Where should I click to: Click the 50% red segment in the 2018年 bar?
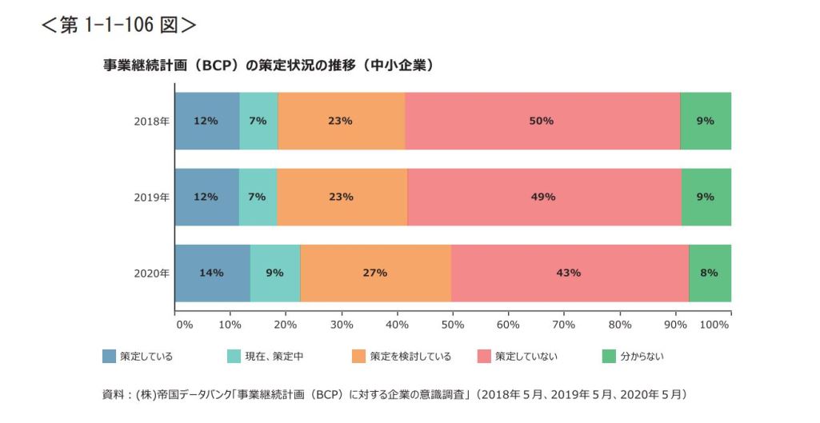542,121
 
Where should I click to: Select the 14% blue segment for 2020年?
212,273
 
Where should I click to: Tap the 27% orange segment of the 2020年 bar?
375,273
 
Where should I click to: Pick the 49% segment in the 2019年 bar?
544,197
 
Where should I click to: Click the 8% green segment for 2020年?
709,273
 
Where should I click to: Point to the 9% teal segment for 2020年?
274,273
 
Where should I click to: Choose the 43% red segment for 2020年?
569,273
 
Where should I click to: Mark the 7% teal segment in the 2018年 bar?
258,121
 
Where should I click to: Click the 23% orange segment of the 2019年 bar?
342,197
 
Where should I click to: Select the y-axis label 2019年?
151,197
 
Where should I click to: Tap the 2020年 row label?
151,273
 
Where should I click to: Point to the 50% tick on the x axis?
453,325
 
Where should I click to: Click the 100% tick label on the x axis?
714,325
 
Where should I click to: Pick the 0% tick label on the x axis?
184,325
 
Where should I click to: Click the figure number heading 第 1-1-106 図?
118,25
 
